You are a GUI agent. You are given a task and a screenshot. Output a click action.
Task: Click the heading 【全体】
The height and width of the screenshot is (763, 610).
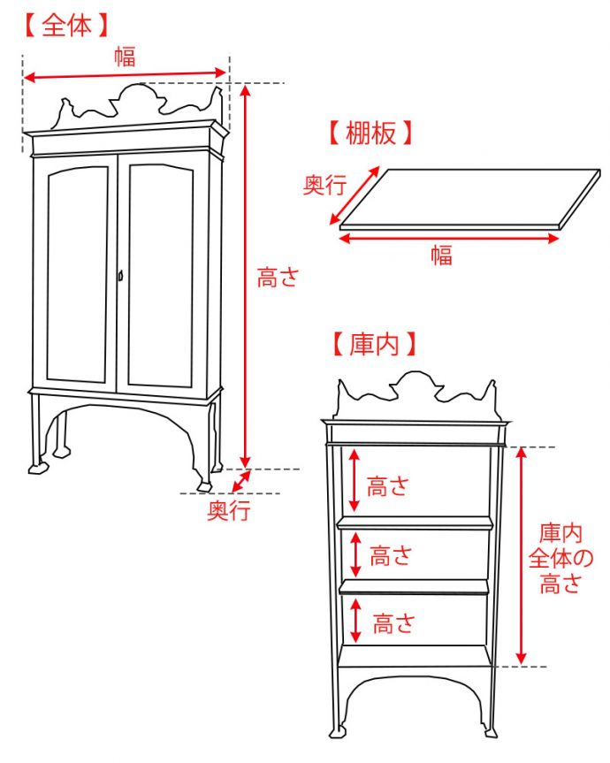(66, 26)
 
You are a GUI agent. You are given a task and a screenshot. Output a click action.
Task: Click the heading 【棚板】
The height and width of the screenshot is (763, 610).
(370, 134)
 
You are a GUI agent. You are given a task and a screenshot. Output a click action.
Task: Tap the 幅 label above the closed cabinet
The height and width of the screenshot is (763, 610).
(125, 57)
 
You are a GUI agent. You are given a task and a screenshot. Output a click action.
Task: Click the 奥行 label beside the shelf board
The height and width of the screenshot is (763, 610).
(324, 187)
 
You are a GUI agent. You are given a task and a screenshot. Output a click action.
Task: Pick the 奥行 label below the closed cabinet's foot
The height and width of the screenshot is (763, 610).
(228, 510)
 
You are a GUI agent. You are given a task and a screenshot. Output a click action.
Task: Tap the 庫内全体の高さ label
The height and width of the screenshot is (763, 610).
(561, 558)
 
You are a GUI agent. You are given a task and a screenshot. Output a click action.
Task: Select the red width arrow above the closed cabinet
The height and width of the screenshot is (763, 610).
(125, 75)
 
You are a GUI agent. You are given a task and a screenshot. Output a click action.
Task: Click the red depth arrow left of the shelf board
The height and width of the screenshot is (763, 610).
(355, 195)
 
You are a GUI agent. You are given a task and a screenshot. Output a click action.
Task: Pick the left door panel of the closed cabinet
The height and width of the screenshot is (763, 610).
(78, 274)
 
